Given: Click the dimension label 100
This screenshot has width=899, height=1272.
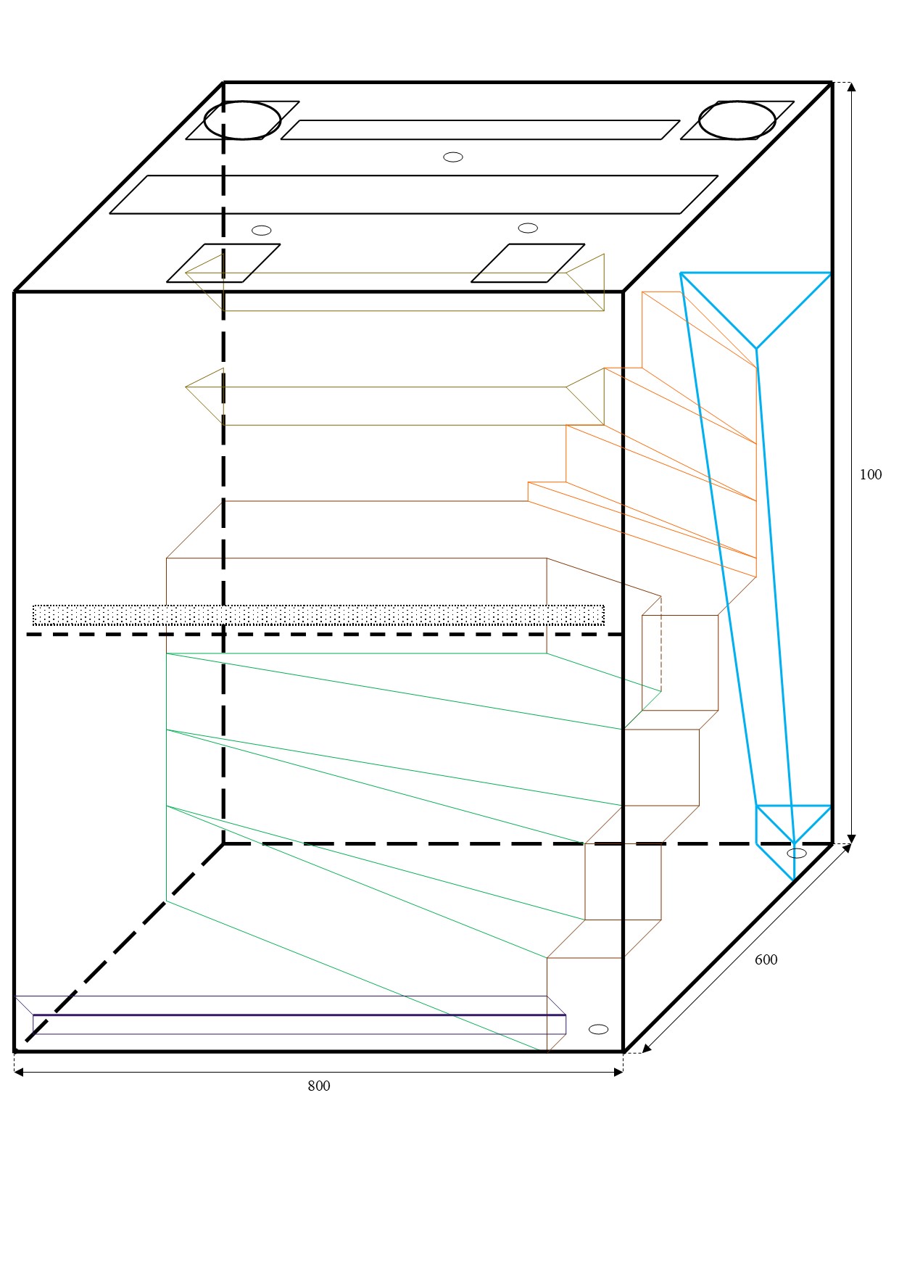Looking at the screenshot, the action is click(870, 475).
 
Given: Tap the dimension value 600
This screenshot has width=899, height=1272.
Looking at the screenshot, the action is click(766, 959).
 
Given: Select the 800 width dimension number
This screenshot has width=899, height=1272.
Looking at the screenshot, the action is click(318, 1086).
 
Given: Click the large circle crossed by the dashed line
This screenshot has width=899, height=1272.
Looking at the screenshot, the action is click(242, 120).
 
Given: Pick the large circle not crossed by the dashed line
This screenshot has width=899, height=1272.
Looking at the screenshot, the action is click(737, 120).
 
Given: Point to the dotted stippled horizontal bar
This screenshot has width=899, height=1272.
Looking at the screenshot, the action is click(318, 615).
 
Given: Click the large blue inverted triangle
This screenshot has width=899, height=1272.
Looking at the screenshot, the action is click(755, 310).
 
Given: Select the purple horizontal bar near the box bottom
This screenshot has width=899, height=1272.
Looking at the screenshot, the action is click(299, 1024).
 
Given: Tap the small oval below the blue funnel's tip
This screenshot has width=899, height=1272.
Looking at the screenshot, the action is click(796, 854).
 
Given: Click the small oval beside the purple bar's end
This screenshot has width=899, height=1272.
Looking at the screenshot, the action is click(598, 1030).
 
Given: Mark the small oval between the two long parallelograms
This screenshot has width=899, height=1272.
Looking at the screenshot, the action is click(453, 157).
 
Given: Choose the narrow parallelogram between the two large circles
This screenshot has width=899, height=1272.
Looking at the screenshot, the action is click(480, 130).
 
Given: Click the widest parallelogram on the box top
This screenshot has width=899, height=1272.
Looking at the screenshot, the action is click(413, 194).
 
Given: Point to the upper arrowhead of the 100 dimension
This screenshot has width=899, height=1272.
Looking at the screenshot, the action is click(851, 86).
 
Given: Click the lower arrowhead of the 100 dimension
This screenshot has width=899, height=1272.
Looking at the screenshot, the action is click(851, 840).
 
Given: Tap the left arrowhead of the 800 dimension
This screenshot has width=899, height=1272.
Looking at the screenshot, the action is click(19, 1072).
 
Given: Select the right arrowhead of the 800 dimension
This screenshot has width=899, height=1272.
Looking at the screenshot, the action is click(618, 1072).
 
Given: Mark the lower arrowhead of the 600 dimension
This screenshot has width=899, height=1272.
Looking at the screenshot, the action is click(647, 1048).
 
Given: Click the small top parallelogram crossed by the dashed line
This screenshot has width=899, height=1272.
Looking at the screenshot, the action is click(223, 263).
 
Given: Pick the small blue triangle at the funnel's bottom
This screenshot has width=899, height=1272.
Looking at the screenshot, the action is click(793, 825).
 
